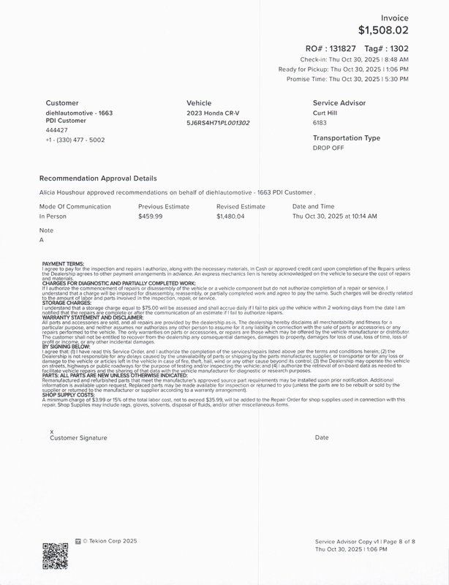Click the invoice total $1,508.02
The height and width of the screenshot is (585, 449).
(383, 31)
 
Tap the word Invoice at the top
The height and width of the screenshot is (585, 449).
(395, 18)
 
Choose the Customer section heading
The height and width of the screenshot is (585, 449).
(62, 103)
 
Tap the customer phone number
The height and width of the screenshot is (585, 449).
(75, 140)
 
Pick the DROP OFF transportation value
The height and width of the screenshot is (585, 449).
(329, 147)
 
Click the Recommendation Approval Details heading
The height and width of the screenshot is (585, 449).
(97, 178)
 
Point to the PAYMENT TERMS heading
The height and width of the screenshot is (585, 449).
(64, 263)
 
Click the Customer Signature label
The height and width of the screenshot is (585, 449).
(78, 437)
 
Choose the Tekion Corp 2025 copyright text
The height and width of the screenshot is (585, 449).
(109, 542)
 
